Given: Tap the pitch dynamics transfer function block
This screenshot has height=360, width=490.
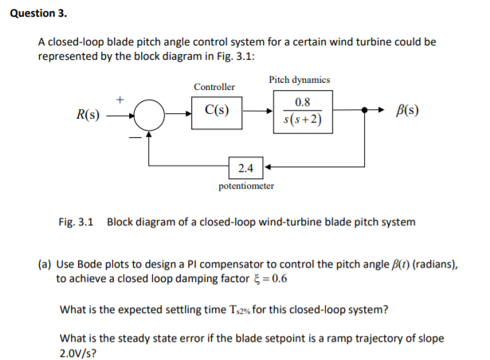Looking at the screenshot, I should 302,112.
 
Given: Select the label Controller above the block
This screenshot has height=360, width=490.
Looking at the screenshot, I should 214,86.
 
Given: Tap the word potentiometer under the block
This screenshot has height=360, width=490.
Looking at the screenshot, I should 246,186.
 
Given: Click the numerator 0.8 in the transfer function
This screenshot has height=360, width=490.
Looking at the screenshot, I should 302,103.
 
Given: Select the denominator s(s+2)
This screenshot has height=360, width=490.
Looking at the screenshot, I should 302,121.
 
